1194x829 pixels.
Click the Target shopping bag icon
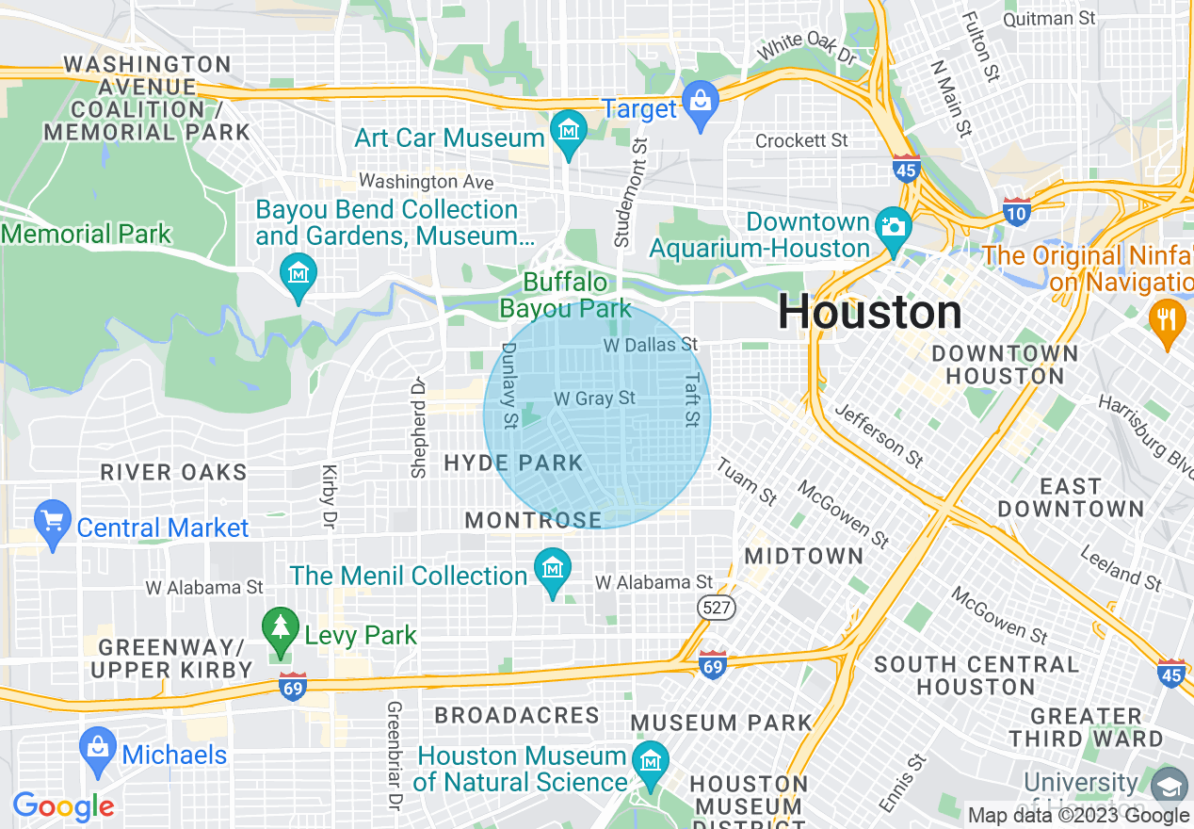(x=701, y=98)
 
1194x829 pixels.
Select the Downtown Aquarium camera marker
(x=893, y=227)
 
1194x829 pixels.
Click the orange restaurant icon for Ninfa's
(x=1167, y=317)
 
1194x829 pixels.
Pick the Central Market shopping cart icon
(x=52, y=519)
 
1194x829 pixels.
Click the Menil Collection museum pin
(x=553, y=567)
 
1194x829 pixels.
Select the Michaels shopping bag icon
(x=98, y=746)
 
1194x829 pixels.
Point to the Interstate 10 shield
(x=1017, y=209)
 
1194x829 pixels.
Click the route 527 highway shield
(x=717, y=608)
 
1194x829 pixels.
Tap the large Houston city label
(x=870, y=313)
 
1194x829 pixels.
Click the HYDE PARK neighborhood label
(x=513, y=463)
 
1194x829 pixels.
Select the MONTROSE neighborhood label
(x=533, y=520)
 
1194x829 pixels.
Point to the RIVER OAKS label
(x=173, y=472)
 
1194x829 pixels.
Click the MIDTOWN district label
(x=803, y=556)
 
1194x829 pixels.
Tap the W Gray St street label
(x=594, y=398)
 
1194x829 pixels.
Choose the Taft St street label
(x=693, y=398)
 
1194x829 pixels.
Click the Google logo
(x=63, y=806)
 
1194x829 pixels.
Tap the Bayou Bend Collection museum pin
(x=298, y=272)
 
